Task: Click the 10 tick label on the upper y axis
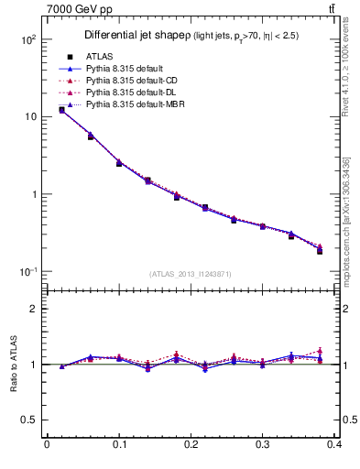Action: pyautogui.click(x=29, y=117)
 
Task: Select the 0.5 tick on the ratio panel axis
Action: pyautogui.click(x=27, y=420)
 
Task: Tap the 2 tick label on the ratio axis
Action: pyautogui.click(x=32, y=309)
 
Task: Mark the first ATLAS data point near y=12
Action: pyautogui.click(x=61, y=110)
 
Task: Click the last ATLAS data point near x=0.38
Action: pyautogui.click(x=320, y=251)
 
